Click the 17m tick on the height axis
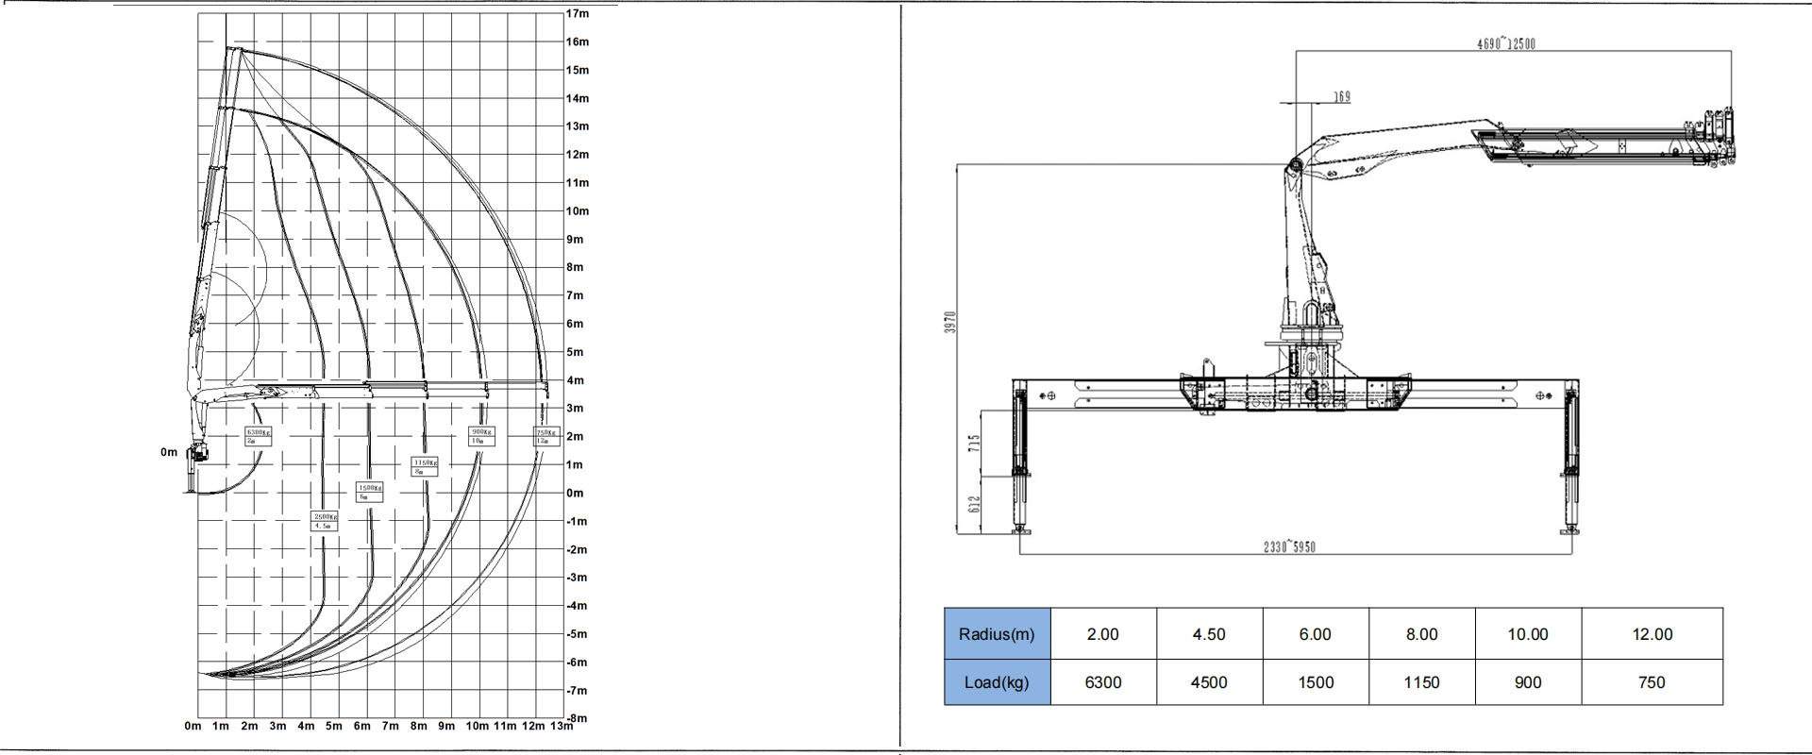(x=578, y=13)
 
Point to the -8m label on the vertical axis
(x=578, y=718)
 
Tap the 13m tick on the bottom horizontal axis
(x=561, y=726)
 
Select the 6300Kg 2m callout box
(x=258, y=436)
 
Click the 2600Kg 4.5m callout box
(x=324, y=521)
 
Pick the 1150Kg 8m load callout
(x=424, y=466)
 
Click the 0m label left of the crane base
(x=169, y=452)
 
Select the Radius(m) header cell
(x=997, y=634)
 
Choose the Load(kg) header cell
(x=997, y=682)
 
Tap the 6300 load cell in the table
(x=1102, y=682)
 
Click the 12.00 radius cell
(x=1652, y=634)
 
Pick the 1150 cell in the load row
(x=1421, y=682)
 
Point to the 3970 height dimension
(x=951, y=322)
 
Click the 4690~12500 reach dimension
(x=1505, y=43)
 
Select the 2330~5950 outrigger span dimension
(x=1289, y=547)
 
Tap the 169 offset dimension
(x=1341, y=96)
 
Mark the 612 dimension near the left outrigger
(x=975, y=505)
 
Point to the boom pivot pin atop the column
(x=1294, y=167)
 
